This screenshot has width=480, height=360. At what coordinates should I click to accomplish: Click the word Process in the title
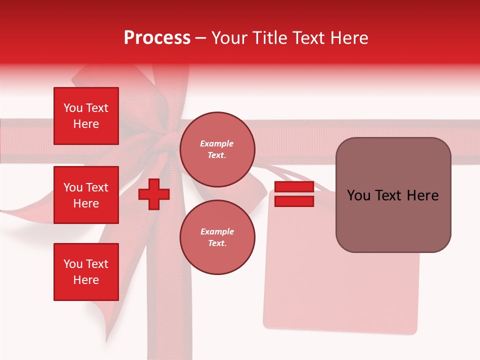coord(157,38)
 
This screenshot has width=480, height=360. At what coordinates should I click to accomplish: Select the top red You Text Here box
coord(86,116)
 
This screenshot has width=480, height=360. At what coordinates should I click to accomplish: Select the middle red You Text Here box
coord(86,195)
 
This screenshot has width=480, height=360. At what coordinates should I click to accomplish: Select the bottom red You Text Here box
coord(86,272)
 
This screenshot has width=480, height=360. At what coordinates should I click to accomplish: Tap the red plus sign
coord(154,194)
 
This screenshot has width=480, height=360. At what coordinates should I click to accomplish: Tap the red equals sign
coord(294,194)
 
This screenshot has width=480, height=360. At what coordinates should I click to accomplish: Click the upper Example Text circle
coord(217,149)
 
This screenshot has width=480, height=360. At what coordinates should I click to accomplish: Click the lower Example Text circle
coord(217,237)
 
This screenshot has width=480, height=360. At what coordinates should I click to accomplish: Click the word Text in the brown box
coord(391,195)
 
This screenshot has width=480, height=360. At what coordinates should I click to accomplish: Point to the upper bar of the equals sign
coord(294,187)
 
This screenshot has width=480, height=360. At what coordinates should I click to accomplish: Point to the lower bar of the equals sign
coord(294,201)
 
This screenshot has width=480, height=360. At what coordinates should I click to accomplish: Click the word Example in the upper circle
coord(217,143)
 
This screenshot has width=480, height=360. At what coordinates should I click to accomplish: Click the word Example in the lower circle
coord(217,231)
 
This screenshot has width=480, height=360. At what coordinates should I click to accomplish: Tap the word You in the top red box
coord(73,108)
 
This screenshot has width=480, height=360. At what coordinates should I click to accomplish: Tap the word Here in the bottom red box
coord(86,280)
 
